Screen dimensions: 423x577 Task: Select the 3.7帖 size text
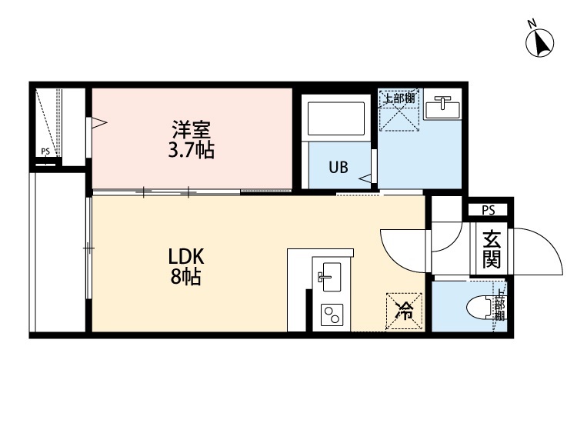[191, 150]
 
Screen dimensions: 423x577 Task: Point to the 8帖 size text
[185, 278]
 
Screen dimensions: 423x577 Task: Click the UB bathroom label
[339, 167]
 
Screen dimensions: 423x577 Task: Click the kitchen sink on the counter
[330, 275]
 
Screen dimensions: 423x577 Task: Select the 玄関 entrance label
[490, 250]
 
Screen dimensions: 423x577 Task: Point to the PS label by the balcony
[45, 152]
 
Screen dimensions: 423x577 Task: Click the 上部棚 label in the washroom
[399, 98]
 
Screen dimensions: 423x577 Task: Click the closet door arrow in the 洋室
[98, 122]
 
